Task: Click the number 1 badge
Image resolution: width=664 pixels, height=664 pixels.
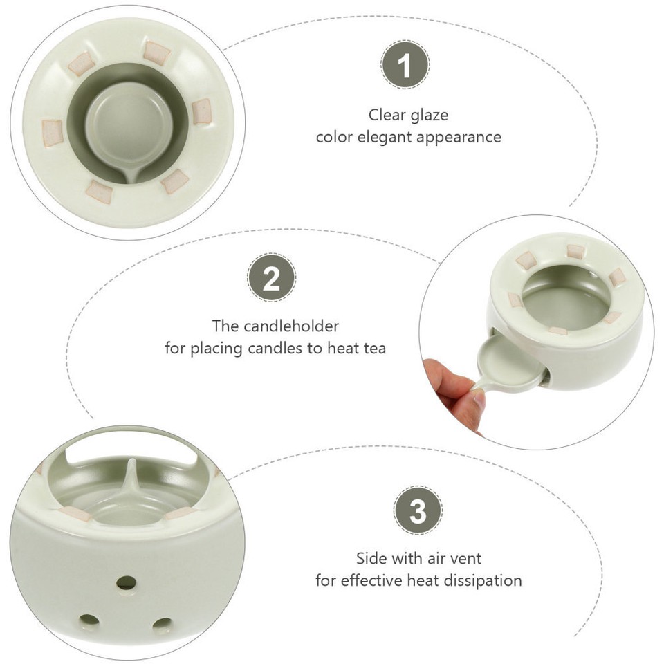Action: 405,68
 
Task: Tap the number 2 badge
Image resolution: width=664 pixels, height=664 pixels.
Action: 272,279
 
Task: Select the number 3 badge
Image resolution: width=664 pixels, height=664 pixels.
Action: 418,513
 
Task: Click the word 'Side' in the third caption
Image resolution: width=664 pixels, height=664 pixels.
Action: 372,557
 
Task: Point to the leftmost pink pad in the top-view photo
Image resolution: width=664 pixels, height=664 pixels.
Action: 52,129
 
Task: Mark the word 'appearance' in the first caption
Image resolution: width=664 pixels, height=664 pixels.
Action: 459,137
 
